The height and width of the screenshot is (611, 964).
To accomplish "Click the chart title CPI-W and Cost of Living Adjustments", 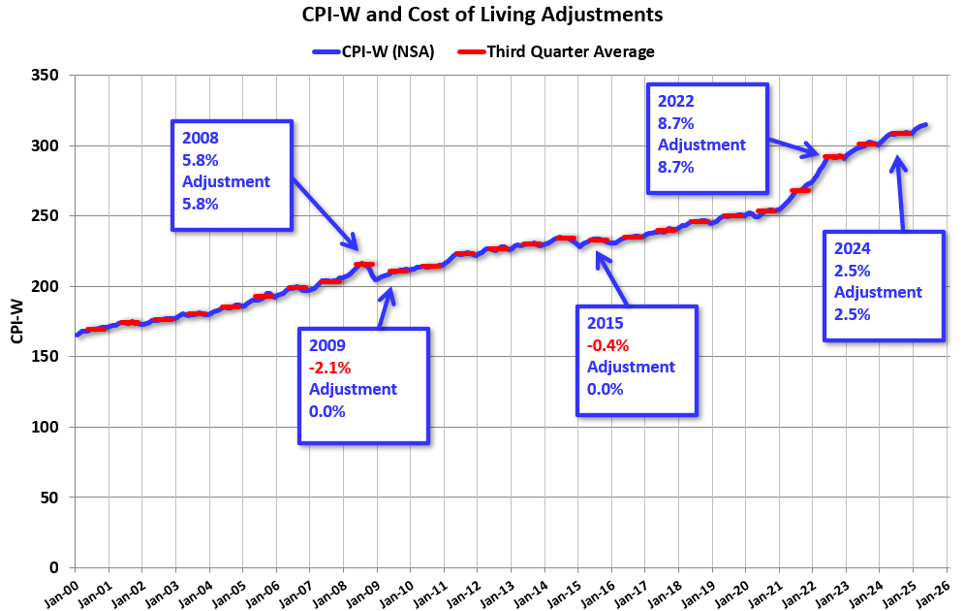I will (x=482, y=15).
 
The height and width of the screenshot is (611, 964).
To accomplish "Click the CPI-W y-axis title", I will (x=17, y=322).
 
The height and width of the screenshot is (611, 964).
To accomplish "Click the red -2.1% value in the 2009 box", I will (x=329, y=367).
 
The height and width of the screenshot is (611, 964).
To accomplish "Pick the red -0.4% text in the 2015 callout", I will (x=607, y=344).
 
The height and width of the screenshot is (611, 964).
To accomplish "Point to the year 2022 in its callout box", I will (x=675, y=101).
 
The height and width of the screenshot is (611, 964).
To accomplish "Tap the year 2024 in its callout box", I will (x=851, y=248).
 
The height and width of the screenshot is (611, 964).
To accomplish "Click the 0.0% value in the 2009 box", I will (x=327, y=411).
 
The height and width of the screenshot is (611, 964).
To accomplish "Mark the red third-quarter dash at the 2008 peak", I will (x=364, y=264).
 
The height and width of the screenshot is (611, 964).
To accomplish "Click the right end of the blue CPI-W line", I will (x=926, y=125).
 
